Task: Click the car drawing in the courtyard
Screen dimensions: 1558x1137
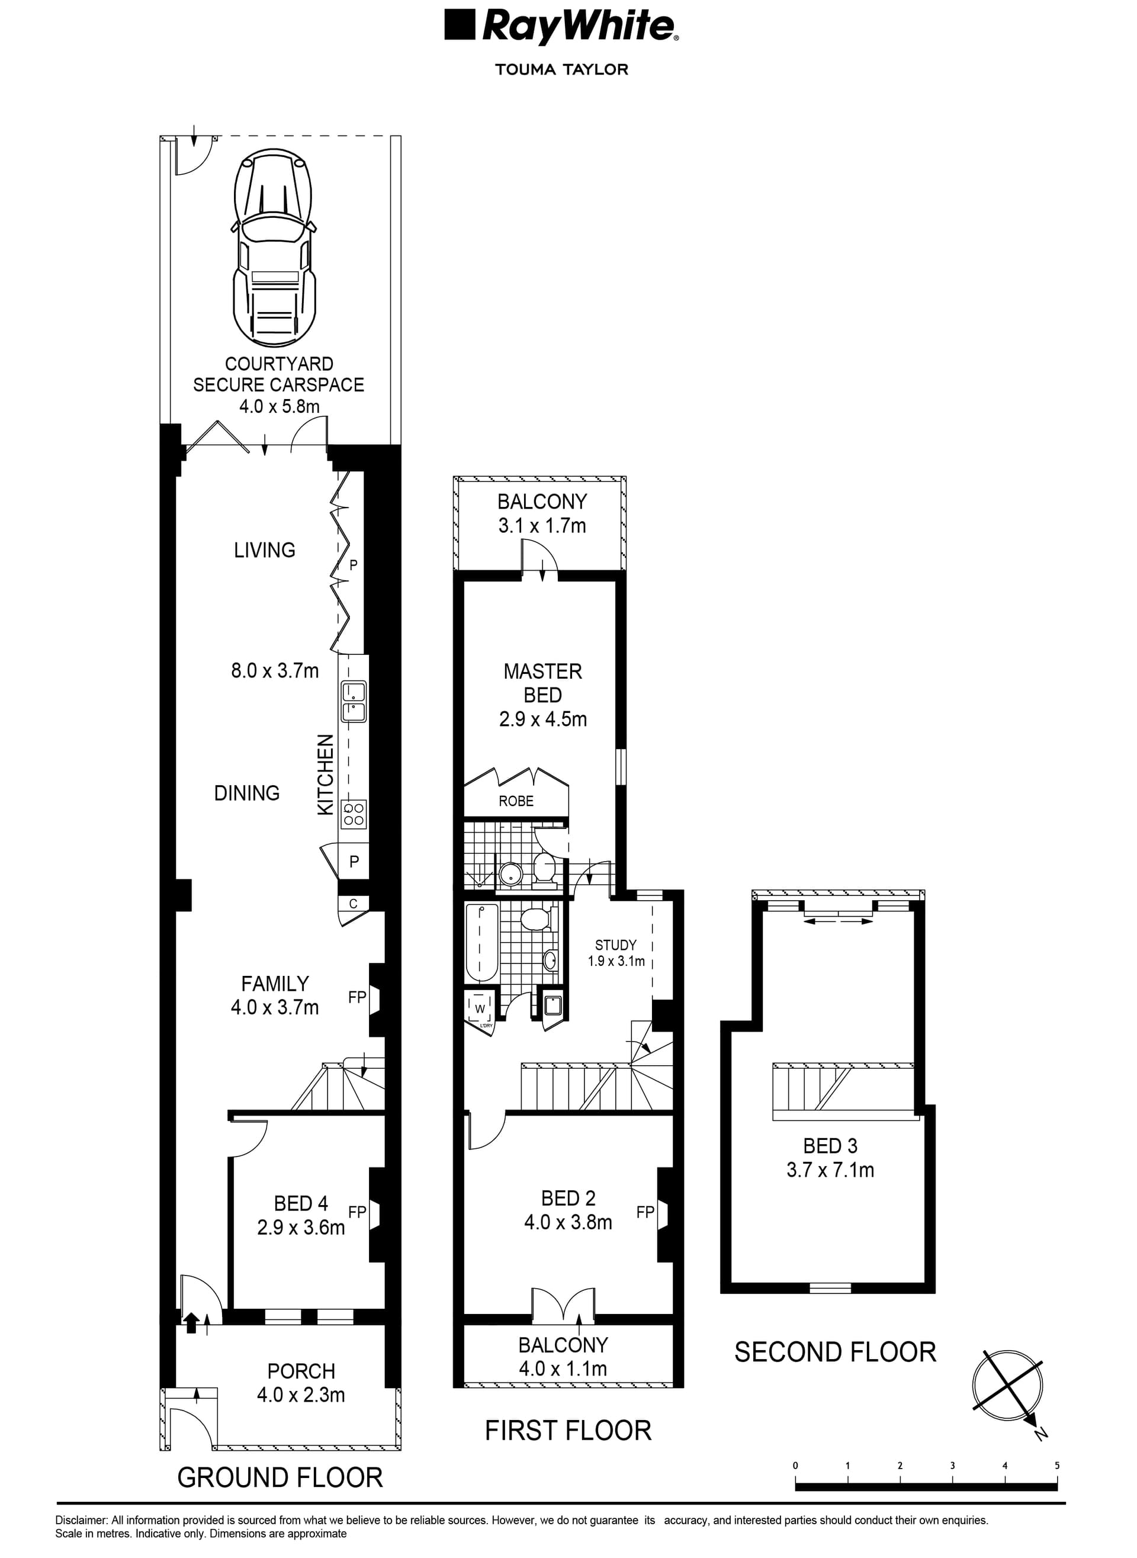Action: click(x=275, y=248)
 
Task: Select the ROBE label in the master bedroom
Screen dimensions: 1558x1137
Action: click(x=516, y=801)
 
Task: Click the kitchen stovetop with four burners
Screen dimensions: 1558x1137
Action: click(x=354, y=815)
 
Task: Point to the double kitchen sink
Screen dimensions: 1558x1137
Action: click(x=354, y=702)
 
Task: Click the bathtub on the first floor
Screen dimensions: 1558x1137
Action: click(x=482, y=943)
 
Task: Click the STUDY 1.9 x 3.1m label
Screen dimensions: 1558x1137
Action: click(x=616, y=953)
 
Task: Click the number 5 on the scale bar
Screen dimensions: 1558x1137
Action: click(x=1057, y=1465)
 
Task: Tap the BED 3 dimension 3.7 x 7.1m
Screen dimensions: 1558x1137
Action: click(x=830, y=1170)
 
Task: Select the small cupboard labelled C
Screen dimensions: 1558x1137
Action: click(x=353, y=904)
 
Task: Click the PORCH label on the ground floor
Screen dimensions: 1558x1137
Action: click(x=301, y=1371)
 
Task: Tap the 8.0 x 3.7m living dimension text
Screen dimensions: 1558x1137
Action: click(x=275, y=671)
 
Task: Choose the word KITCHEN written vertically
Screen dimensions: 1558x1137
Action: click(x=326, y=775)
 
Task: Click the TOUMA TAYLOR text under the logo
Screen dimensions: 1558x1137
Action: click(x=561, y=69)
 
